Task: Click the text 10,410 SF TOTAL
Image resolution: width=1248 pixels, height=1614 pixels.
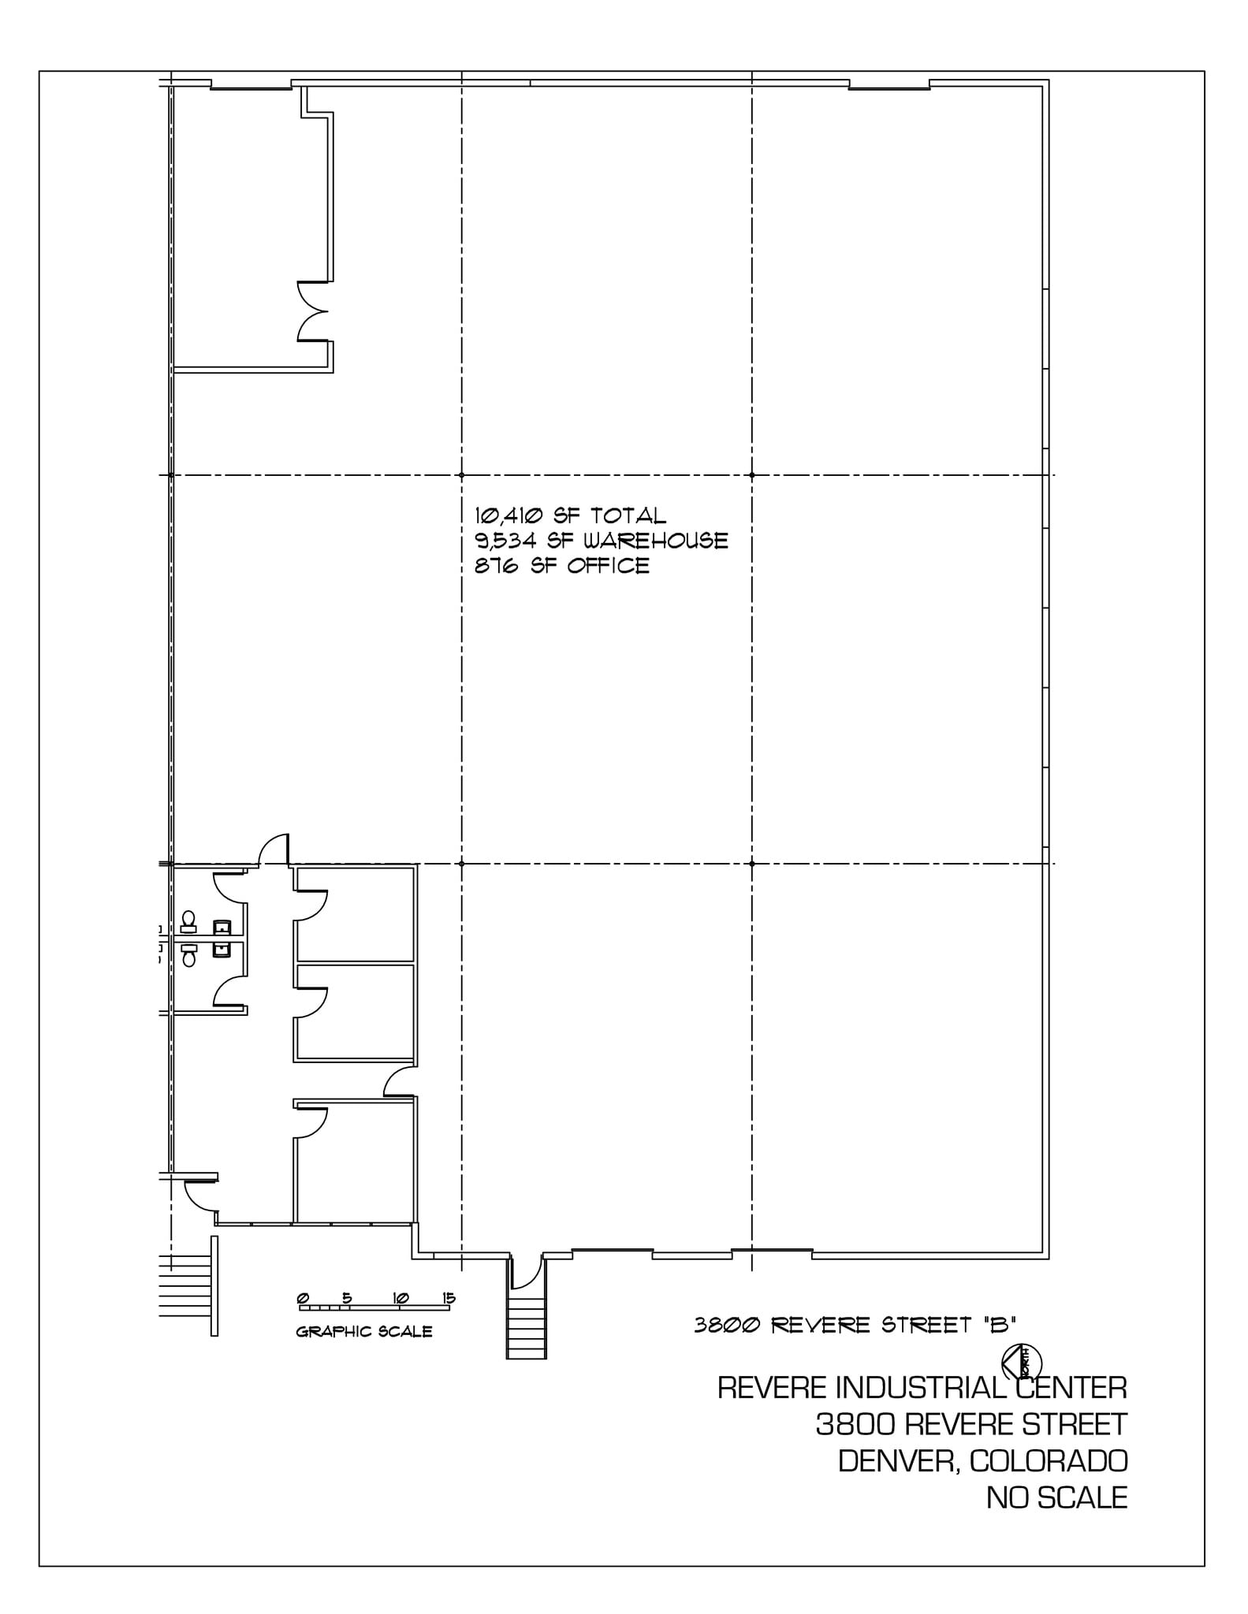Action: (570, 515)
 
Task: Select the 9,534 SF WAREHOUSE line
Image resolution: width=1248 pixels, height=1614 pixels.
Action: (601, 541)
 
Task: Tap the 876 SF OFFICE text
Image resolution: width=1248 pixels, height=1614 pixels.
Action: (561, 566)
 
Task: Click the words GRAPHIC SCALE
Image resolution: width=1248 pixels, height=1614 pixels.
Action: (363, 1332)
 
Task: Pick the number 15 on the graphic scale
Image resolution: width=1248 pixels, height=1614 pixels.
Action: (449, 1298)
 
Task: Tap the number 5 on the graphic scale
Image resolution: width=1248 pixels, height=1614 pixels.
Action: (347, 1298)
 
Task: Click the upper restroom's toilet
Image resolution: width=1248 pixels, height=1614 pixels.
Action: (188, 921)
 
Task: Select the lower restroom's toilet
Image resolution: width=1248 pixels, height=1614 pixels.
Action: (188, 956)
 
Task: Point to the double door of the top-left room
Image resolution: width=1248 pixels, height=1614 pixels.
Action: (313, 311)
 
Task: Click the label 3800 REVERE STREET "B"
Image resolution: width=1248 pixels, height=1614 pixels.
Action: (855, 1326)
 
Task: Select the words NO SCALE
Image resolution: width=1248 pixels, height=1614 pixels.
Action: (1056, 1497)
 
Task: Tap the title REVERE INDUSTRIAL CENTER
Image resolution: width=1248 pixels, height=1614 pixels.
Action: (922, 1387)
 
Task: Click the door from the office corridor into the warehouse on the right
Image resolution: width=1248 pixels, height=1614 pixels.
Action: (400, 1081)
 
